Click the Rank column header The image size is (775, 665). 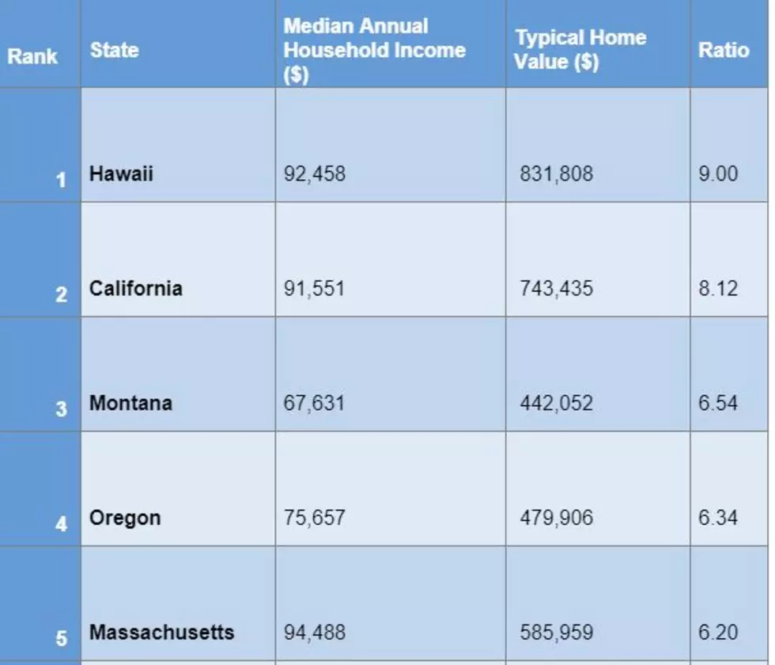point(32,56)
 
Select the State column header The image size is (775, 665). point(114,51)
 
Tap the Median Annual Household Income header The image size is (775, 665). point(374,51)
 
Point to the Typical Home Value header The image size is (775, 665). point(580,49)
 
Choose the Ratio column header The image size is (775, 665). point(724,51)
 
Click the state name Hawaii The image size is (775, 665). point(121,173)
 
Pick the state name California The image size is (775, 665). point(136,288)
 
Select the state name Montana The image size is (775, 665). point(131,403)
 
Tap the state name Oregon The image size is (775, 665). point(125,519)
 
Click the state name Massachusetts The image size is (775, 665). point(161,633)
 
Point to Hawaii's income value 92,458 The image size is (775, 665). point(315,174)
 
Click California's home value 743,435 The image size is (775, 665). point(556,289)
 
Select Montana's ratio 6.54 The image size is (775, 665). point(718,403)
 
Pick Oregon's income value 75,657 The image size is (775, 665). point(315,519)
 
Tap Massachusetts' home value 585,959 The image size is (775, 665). point(556,633)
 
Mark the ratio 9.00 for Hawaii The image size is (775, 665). point(718,173)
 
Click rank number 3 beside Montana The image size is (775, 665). point(61,409)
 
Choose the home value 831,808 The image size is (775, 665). point(556,174)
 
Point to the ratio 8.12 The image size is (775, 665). point(718,288)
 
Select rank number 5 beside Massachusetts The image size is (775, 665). point(61,638)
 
